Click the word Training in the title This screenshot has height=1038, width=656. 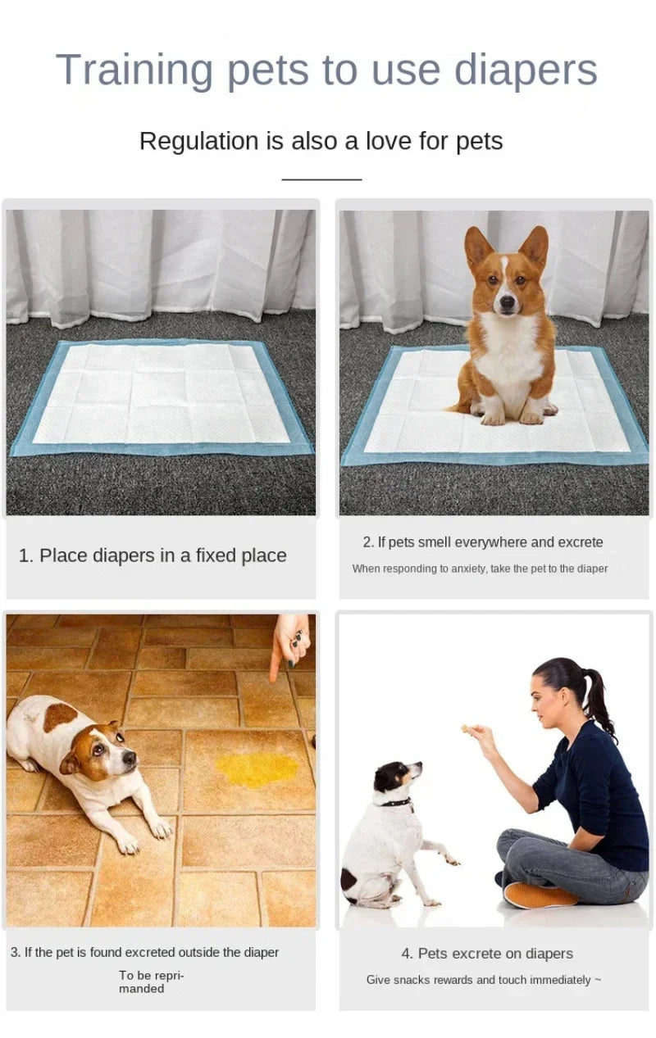coord(134,70)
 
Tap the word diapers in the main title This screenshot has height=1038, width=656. coord(526,70)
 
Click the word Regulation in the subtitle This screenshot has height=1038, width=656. coord(199,141)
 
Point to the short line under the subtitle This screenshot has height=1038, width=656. coord(321,179)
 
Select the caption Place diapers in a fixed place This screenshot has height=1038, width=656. coord(153,555)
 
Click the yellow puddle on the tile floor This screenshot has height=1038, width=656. coord(257,768)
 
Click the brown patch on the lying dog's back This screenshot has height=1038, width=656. coord(61,716)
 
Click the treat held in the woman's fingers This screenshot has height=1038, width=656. coord(466,728)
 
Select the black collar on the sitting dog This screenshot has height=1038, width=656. coord(396,802)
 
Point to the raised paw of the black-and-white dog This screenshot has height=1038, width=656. coord(449,859)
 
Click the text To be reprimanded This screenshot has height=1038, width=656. coord(151,981)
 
